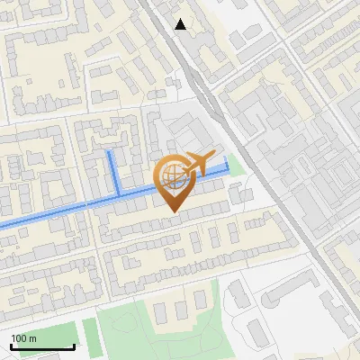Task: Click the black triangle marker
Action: point(181,24)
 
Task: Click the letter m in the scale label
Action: point(33,338)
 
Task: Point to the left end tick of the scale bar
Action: point(11,346)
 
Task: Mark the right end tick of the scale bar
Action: point(74,346)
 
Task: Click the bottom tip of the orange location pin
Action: point(173,211)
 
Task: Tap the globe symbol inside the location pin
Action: point(173,179)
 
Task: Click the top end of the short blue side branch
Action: point(110,153)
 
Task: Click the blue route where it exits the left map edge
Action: point(2,224)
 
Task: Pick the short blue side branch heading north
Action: point(114,173)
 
